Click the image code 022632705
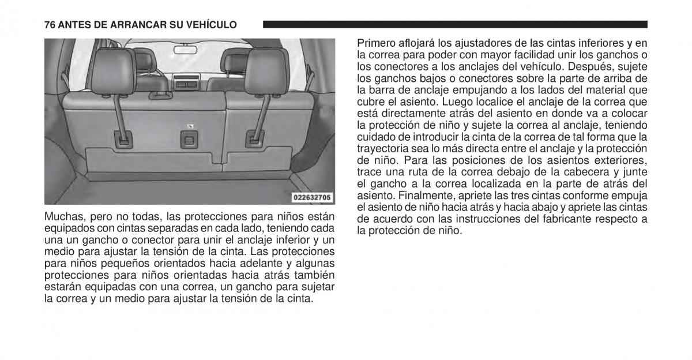312,197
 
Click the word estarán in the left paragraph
61,287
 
